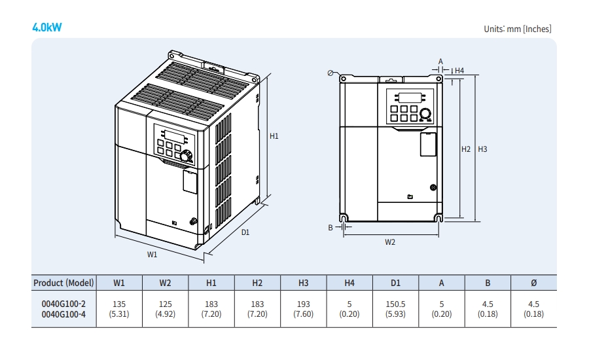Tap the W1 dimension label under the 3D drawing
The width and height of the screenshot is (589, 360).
click(152, 254)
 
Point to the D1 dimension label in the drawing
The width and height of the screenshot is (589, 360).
click(245, 232)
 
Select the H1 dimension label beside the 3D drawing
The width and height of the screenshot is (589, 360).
click(275, 136)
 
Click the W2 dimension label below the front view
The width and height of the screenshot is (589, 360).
click(390, 242)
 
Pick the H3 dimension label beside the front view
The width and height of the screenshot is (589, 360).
click(482, 149)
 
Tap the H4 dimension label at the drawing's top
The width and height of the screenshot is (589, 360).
click(459, 70)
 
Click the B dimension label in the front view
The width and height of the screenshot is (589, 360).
click(331, 227)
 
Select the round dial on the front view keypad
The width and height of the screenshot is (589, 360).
click(425, 113)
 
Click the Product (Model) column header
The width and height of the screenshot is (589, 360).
click(63, 283)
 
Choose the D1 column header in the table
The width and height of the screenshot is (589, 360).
click(395, 283)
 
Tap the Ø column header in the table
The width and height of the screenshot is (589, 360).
click(533, 283)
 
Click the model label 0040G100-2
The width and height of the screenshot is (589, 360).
click(63, 304)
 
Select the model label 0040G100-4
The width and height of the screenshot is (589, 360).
click(63, 314)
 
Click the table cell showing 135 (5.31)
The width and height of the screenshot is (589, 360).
click(119, 308)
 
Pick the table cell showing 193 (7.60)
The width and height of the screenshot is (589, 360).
click(303, 308)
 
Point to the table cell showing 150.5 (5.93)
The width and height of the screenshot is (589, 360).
click(395, 308)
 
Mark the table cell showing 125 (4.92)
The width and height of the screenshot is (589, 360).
click(165, 308)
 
